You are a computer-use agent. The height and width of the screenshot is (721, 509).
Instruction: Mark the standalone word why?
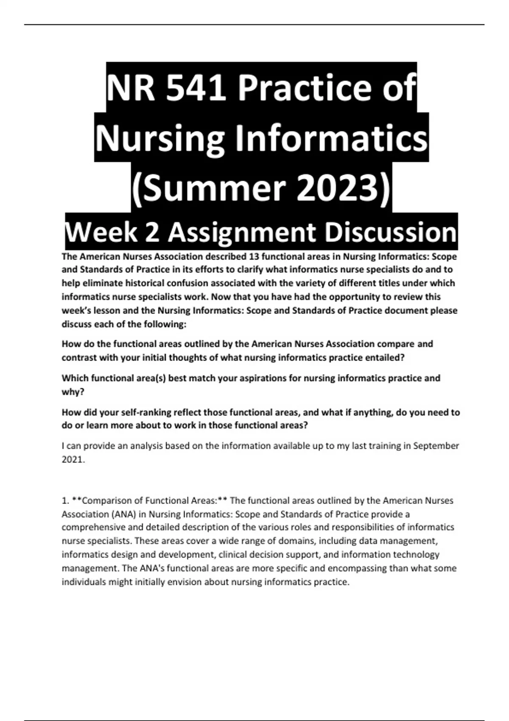(x=73, y=392)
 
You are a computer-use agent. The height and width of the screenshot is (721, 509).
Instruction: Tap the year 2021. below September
(x=73, y=460)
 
